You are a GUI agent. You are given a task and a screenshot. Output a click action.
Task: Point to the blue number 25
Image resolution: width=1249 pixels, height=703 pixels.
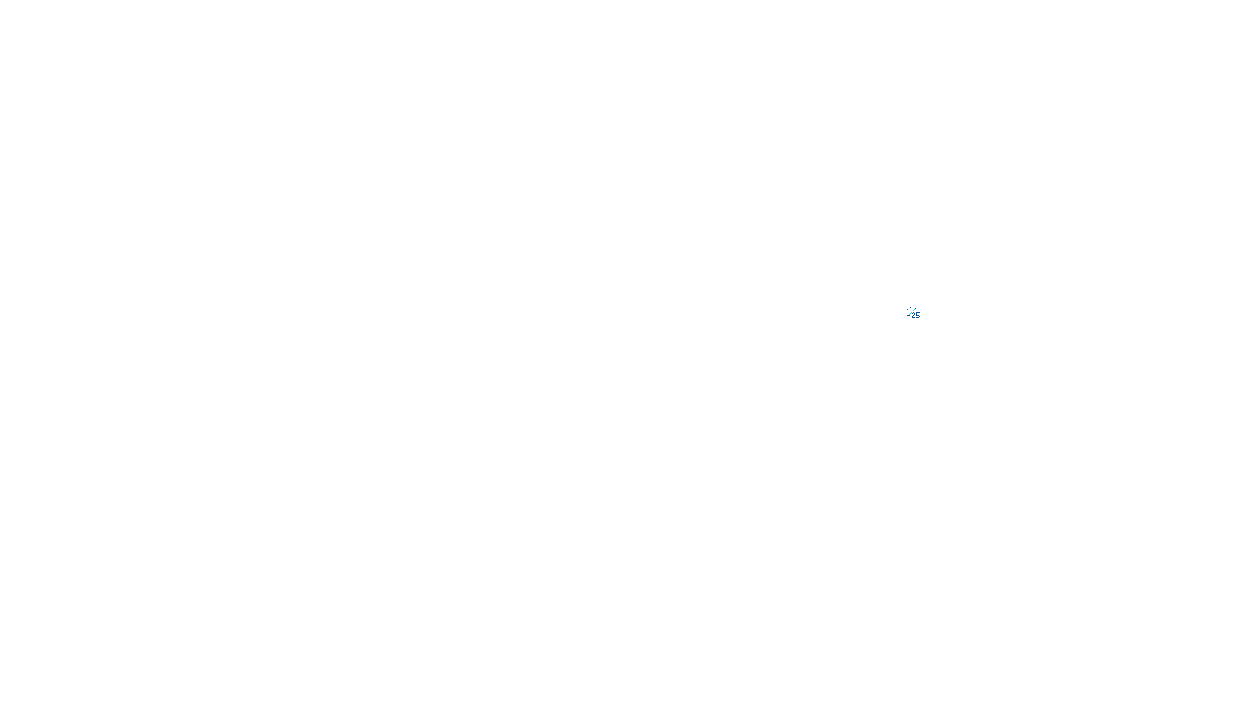(916, 316)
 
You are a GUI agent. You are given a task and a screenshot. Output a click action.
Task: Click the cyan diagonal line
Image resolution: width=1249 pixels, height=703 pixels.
(911, 312)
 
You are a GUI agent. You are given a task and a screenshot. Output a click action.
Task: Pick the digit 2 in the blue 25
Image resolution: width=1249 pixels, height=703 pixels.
(913, 316)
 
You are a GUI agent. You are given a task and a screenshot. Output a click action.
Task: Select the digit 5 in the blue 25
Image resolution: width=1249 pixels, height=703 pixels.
(918, 316)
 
